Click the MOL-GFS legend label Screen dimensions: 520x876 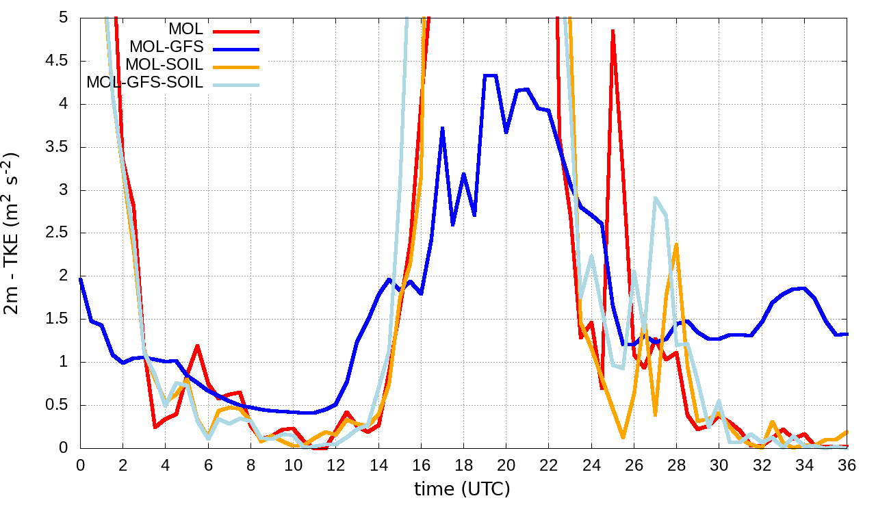166,47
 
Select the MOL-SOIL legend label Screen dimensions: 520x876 164,65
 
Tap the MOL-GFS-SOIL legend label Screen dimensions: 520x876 144,83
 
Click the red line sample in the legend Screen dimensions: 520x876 236,30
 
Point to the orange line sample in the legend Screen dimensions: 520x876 236,66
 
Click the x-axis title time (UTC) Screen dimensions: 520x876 462,489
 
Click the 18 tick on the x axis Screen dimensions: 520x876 463,464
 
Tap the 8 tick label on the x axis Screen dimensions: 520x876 250,464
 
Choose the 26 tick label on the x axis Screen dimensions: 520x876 634,464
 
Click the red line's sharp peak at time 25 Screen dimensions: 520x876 613,31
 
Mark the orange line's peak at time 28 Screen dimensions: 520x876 676,244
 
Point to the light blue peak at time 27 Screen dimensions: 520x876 655,198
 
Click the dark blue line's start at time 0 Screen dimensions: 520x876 81,278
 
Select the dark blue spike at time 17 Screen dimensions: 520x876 443,128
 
